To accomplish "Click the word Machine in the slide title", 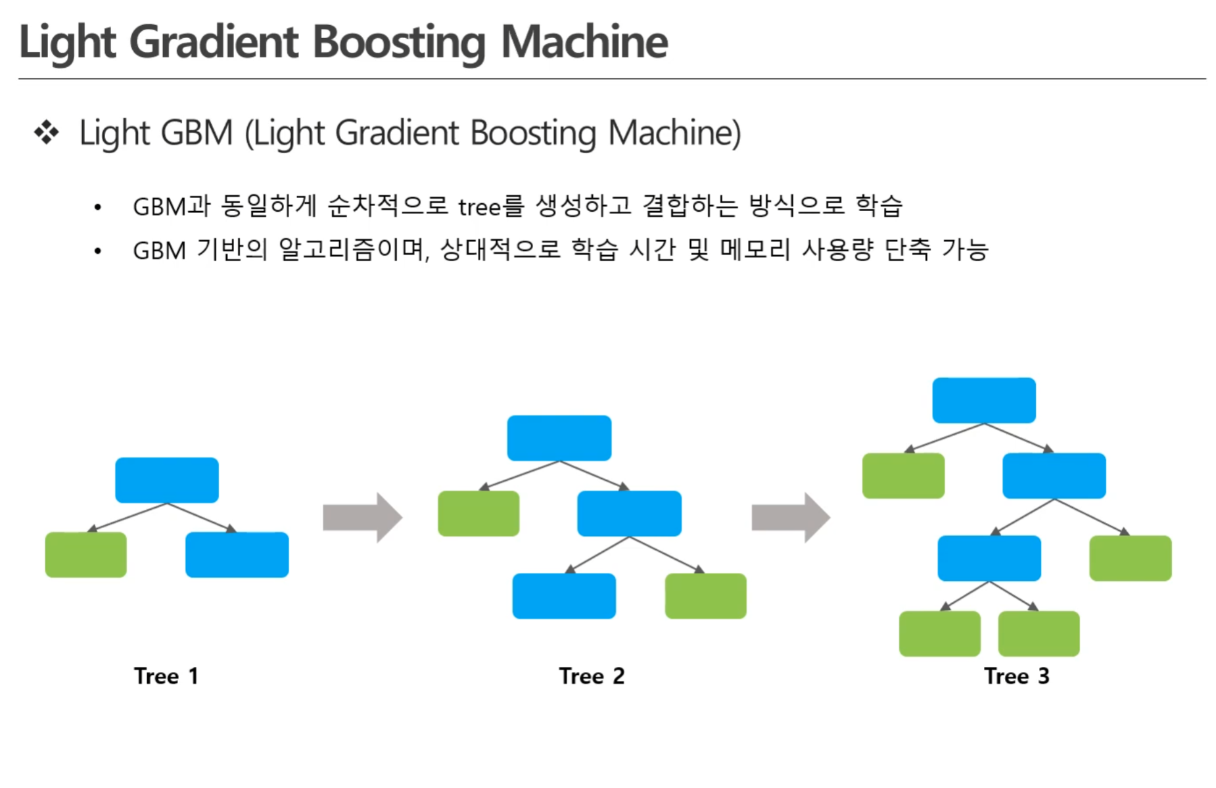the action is (584, 42).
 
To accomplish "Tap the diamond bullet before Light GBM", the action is (46, 132).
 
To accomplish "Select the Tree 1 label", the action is (166, 676).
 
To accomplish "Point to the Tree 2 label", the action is (592, 676).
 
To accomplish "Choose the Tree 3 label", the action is (1017, 676).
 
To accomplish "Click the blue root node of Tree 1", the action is (167, 480).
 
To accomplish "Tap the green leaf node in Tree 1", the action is (86, 554).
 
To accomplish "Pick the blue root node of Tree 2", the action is (559, 438).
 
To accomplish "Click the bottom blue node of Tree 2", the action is (564, 596).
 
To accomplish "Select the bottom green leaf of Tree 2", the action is (706, 596).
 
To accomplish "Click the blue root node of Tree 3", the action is (984, 400).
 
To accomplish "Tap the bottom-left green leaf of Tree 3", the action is (940, 633).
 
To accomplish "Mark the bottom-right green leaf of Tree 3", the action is (1039, 633).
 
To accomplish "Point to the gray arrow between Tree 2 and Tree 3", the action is (791, 518).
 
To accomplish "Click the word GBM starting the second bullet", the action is (160, 251).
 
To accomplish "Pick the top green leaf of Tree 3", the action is (904, 476).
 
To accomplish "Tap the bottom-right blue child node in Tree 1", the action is (237, 554).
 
